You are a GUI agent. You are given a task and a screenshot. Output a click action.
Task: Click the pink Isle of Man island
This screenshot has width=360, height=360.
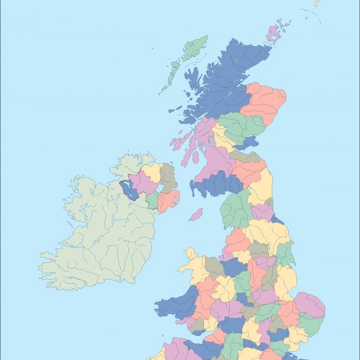pos(196,214)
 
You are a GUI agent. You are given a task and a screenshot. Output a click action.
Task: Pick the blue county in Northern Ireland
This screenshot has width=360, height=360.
pos(130,189)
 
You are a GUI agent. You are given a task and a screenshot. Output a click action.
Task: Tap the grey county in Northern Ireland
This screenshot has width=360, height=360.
pos(168,177)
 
